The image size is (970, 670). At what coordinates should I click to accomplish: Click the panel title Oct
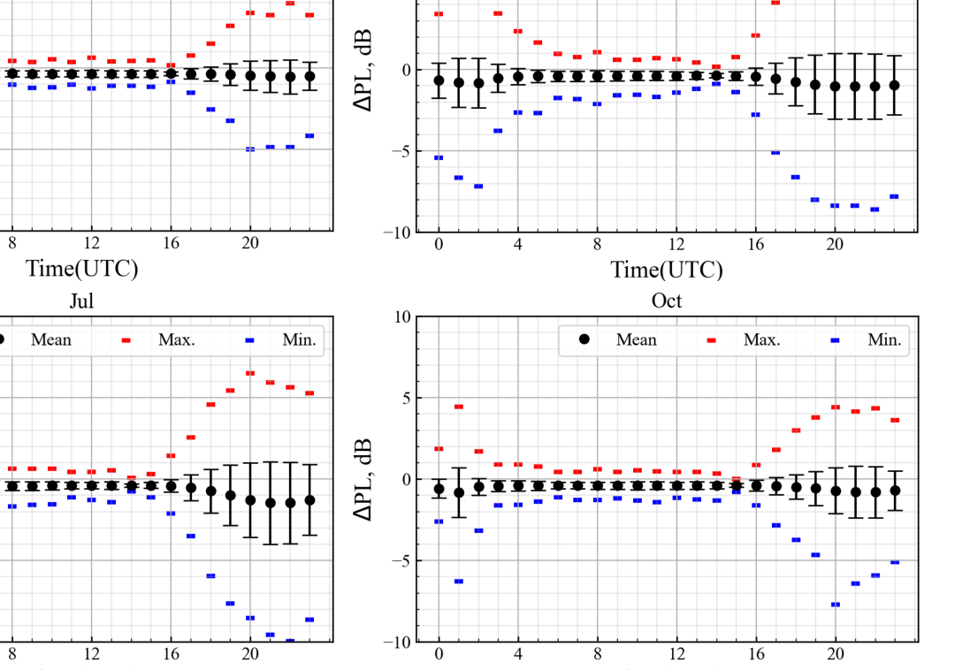pyautogui.click(x=667, y=301)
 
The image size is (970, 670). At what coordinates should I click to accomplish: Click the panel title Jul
pyautogui.click(x=81, y=301)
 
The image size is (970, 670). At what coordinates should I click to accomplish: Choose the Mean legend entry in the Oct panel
pyautogui.click(x=618, y=339)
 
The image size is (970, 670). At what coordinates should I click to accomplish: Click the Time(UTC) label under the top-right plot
pyautogui.click(x=667, y=270)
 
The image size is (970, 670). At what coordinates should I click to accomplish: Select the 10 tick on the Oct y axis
pyautogui.click(x=402, y=316)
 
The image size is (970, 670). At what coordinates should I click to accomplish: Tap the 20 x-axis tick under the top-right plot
pyautogui.click(x=835, y=245)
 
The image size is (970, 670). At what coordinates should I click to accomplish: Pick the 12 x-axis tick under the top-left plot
pyautogui.click(x=91, y=245)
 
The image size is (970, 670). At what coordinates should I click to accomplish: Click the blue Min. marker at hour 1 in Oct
pyautogui.click(x=458, y=581)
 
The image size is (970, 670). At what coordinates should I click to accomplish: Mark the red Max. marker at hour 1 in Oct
pyautogui.click(x=458, y=407)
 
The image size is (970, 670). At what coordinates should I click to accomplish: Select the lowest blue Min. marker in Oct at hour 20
pyautogui.click(x=835, y=605)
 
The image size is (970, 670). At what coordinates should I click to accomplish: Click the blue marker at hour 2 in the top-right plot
pyautogui.click(x=478, y=187)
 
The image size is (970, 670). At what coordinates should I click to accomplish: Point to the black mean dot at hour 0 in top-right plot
pyautogui.click(x=439, y=80)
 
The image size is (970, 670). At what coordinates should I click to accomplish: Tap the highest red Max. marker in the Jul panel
pyautogui.click(x=249, y=373)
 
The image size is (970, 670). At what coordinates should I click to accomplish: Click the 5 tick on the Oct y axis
pyautogui.click(x=407, y=398)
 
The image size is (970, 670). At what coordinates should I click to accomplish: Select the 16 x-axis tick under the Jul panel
pyautogui.click(x=171, y=655)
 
